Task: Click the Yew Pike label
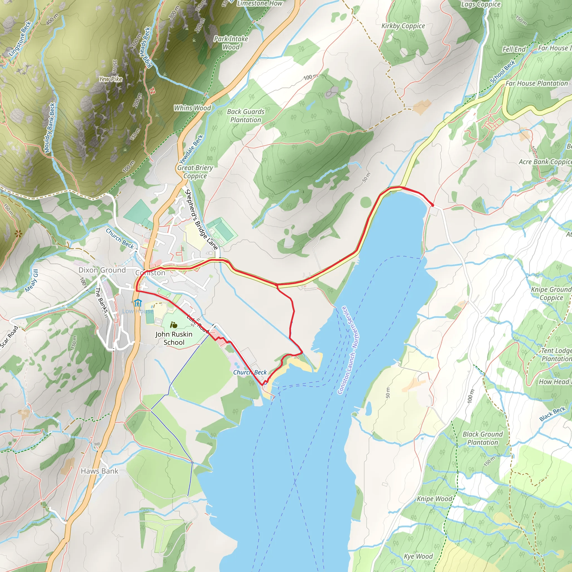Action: click(110, 79)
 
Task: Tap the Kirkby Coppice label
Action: click(403, 26)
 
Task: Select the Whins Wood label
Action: click(192, 108)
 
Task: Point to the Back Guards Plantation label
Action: click(246, 116)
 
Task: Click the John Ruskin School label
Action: click(174, 338)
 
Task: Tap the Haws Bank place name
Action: click(99, 471)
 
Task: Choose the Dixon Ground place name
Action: click(102, 270)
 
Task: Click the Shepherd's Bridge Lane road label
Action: click(201, 219)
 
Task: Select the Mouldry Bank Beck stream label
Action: click(49, 128)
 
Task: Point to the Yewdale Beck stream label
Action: click(191, 149)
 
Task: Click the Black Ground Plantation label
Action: click(483, 438)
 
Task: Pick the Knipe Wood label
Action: click(434, 499)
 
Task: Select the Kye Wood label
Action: click(418, 556)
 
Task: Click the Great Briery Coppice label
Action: click(195, 172)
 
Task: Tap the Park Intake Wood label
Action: click(231, 43)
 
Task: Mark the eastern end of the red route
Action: click(433, 205)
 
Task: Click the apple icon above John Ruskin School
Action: click(174, 325)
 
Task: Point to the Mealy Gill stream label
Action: click(32, 280)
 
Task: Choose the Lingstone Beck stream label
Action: click(20, 39)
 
